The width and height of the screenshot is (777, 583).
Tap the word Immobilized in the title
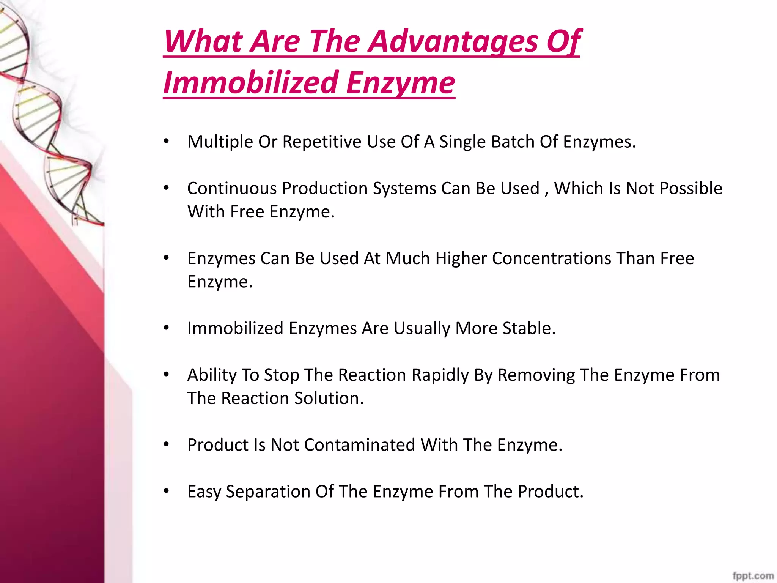click(250, 82)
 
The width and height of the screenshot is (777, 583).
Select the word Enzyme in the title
click(400, 82)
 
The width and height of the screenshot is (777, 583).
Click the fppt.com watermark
click(753, 575)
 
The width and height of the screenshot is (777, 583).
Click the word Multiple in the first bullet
click(220, 142)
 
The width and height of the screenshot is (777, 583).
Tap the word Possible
click(691, 189)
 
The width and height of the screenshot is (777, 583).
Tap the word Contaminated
click(359, 445)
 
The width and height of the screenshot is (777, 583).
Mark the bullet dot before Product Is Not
click(166, 444)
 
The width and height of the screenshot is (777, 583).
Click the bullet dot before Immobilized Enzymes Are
click(166, 328)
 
